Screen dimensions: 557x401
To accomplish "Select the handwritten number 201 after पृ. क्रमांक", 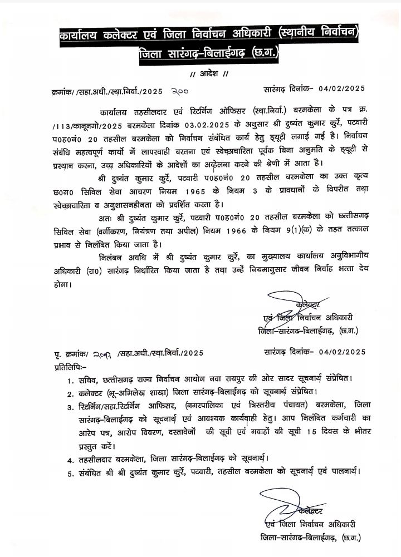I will pyautogui.click(x=103, y=353).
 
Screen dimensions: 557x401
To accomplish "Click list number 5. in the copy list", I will pyautogui.click(x=71, y=472).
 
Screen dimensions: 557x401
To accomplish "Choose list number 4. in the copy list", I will pyautogui.click(x=71, y=459).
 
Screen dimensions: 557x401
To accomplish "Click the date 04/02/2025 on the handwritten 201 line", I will pyautogui.click(x=339, y=353).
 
